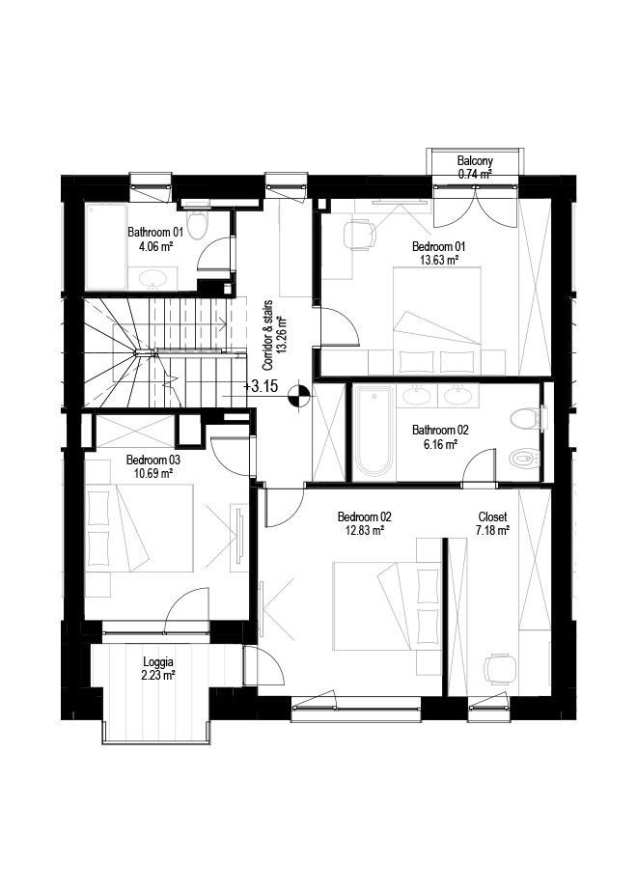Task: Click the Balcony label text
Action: point(475,161)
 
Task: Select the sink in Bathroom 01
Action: point(152,278)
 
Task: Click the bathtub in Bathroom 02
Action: point(374,431)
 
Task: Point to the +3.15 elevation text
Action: point(262,387)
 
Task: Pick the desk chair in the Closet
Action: point(502,668)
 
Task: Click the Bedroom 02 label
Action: point(364,517)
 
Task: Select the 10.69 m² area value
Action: point(150,473)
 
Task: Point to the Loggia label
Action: point(157,662)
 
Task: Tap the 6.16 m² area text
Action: point(441,444)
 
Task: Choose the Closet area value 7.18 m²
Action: point(492,531)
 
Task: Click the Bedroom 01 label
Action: point(439,246)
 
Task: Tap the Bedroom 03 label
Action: point(153,460)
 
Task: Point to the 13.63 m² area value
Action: point(439,260)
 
